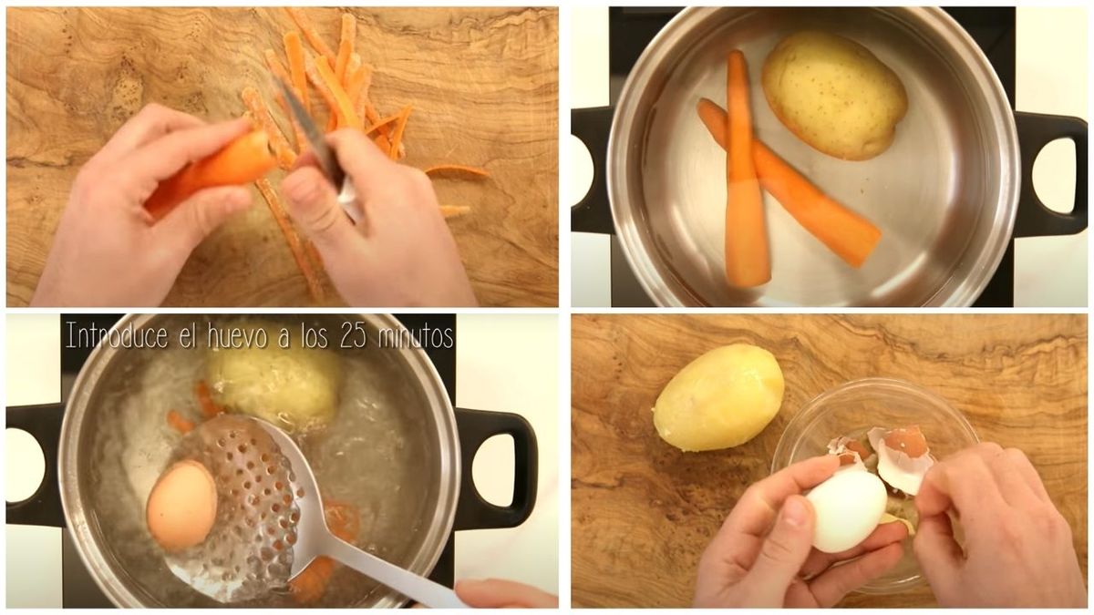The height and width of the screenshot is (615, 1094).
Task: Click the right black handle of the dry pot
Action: [x=1050, y=173]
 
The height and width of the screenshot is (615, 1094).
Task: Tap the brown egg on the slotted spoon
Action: [x=182, y=504]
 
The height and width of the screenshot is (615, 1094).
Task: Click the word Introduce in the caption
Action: [x=117, y=335]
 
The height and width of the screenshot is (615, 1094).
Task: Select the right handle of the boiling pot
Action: [x=503, y=469]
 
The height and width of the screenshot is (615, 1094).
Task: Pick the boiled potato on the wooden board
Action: [x=719, y=396]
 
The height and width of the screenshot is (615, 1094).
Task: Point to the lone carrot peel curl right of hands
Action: [x=457, y=172]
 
